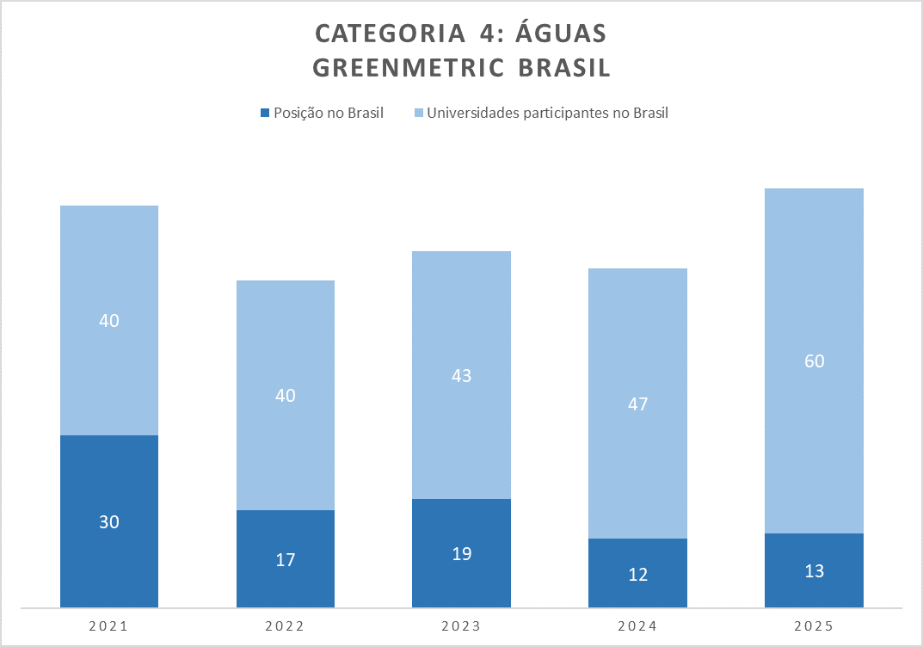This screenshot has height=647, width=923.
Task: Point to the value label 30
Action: coord(108,521)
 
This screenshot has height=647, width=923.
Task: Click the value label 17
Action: coord(286,559)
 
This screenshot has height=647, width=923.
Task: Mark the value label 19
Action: coord(462,553)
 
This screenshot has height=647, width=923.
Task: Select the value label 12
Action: coord(637,574)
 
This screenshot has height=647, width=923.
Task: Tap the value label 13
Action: coord(814,571)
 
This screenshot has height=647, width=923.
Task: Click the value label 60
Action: coord(814,361)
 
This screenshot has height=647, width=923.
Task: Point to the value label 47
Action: coord(637,404)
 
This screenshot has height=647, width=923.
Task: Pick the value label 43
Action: coord(462,375)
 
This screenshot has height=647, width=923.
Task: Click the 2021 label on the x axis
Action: coord(108,626)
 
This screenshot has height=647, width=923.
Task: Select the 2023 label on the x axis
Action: coord(462,626)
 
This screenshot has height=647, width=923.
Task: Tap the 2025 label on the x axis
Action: coord(814,626)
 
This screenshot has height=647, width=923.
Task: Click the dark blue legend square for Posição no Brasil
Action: coord(265,113)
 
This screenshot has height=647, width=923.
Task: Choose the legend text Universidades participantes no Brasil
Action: coord(548,113)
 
